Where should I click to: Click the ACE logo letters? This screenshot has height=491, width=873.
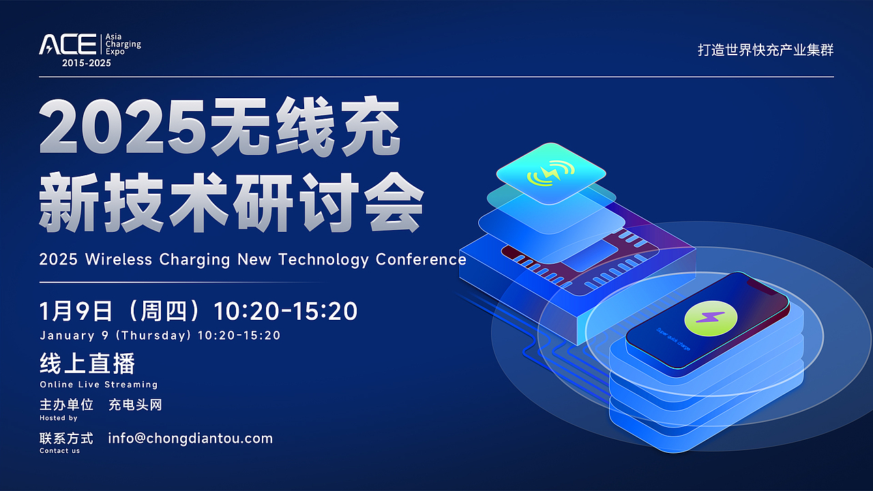coord(68,44)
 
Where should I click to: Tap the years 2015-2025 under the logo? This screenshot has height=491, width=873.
coord(86,63)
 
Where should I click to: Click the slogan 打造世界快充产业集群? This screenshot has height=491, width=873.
coord(765,50)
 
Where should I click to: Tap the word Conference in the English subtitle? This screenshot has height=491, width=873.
coord(421,260)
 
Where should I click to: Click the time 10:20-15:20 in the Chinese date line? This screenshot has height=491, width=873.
coord(286,311)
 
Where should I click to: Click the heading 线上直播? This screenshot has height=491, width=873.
coord(87,363)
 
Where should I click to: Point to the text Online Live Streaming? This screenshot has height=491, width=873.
coord(98,385)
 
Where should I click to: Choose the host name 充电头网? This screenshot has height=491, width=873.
coord(135,405)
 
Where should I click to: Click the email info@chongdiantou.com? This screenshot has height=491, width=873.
coord(190,438)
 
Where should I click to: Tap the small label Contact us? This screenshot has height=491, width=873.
coord(59,451)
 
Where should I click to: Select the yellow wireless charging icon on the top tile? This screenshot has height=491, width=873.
coord(550,175)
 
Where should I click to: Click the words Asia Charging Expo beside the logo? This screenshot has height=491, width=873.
coord(123,44)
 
